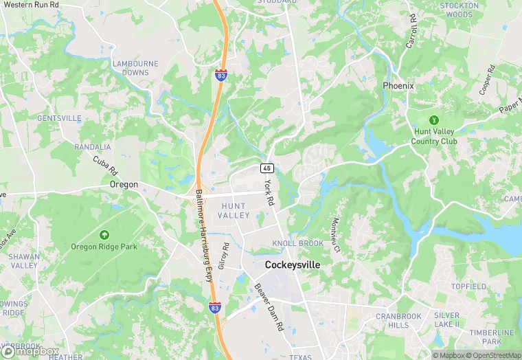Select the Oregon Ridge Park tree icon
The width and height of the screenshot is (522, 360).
coord(104,235)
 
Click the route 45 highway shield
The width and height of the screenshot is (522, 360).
coord(266,168)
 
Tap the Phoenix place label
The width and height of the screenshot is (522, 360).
coord(398,86)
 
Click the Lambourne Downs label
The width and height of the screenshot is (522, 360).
coord(135,68)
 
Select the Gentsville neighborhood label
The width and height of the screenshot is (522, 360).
coord(59,118)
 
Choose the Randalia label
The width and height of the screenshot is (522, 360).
coord(93,147)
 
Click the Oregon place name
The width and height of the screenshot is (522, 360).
coord(124,185)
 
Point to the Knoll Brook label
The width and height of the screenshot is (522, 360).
coord(297,244)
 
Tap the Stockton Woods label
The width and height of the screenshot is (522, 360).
coord(459,10)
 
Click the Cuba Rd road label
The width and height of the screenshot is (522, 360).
coord(106,166)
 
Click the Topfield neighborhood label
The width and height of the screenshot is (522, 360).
coord(468,286)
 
